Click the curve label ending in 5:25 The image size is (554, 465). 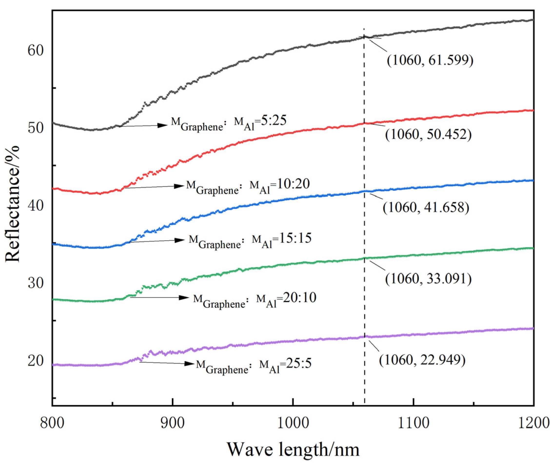[228, 123]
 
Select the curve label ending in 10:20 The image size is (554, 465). [248, 187]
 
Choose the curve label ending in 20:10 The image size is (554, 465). [255, 300]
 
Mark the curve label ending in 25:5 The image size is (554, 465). [254, 366]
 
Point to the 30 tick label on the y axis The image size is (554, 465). [35, 283]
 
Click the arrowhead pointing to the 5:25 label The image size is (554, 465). [162, 125]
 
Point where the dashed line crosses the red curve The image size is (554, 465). [365, 123]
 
